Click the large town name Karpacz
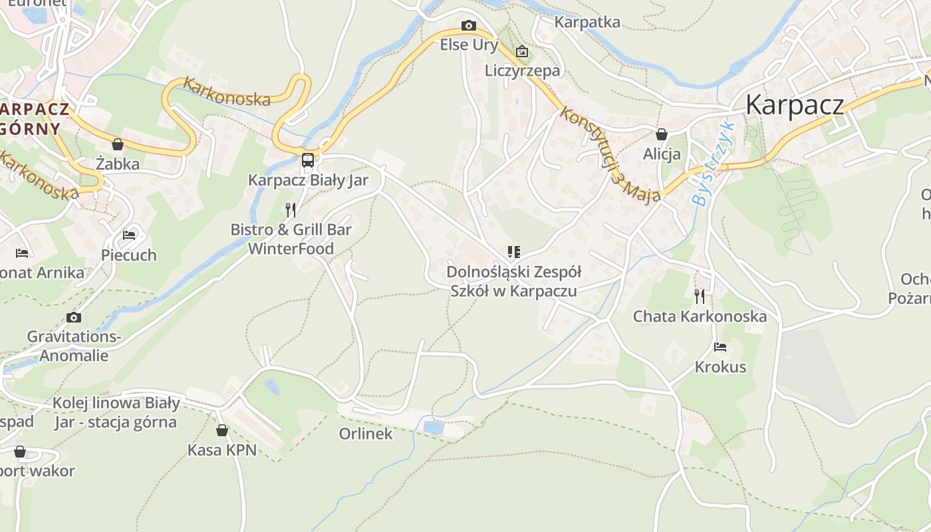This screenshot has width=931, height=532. coord(795,104)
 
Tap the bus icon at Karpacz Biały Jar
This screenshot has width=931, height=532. coord(307,160)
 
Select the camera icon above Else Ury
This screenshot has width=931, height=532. coord(469,26)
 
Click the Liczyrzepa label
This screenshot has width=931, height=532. coord(522,70)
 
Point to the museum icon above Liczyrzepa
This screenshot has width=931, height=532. coord(522,51)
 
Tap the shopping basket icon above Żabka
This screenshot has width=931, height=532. coord(118,144)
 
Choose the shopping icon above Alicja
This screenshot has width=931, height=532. coord(661,134)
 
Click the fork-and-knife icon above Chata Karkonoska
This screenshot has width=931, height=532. coord(699,296)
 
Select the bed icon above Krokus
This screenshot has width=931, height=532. coord(720,346)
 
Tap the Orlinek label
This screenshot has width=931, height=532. coord(366,434)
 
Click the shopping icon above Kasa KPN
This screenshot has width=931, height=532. coord(221,430)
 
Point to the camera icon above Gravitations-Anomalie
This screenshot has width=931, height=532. coord(74,317)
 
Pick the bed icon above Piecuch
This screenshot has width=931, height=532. coord(129,235)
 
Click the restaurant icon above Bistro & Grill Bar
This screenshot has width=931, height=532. coord(291,210)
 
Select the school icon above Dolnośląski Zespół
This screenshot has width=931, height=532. coord(513,252)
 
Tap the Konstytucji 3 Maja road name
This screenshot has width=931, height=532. coord(610,154)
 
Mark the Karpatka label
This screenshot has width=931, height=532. coord(587,22)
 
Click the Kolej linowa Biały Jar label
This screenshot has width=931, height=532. coord(116,412)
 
